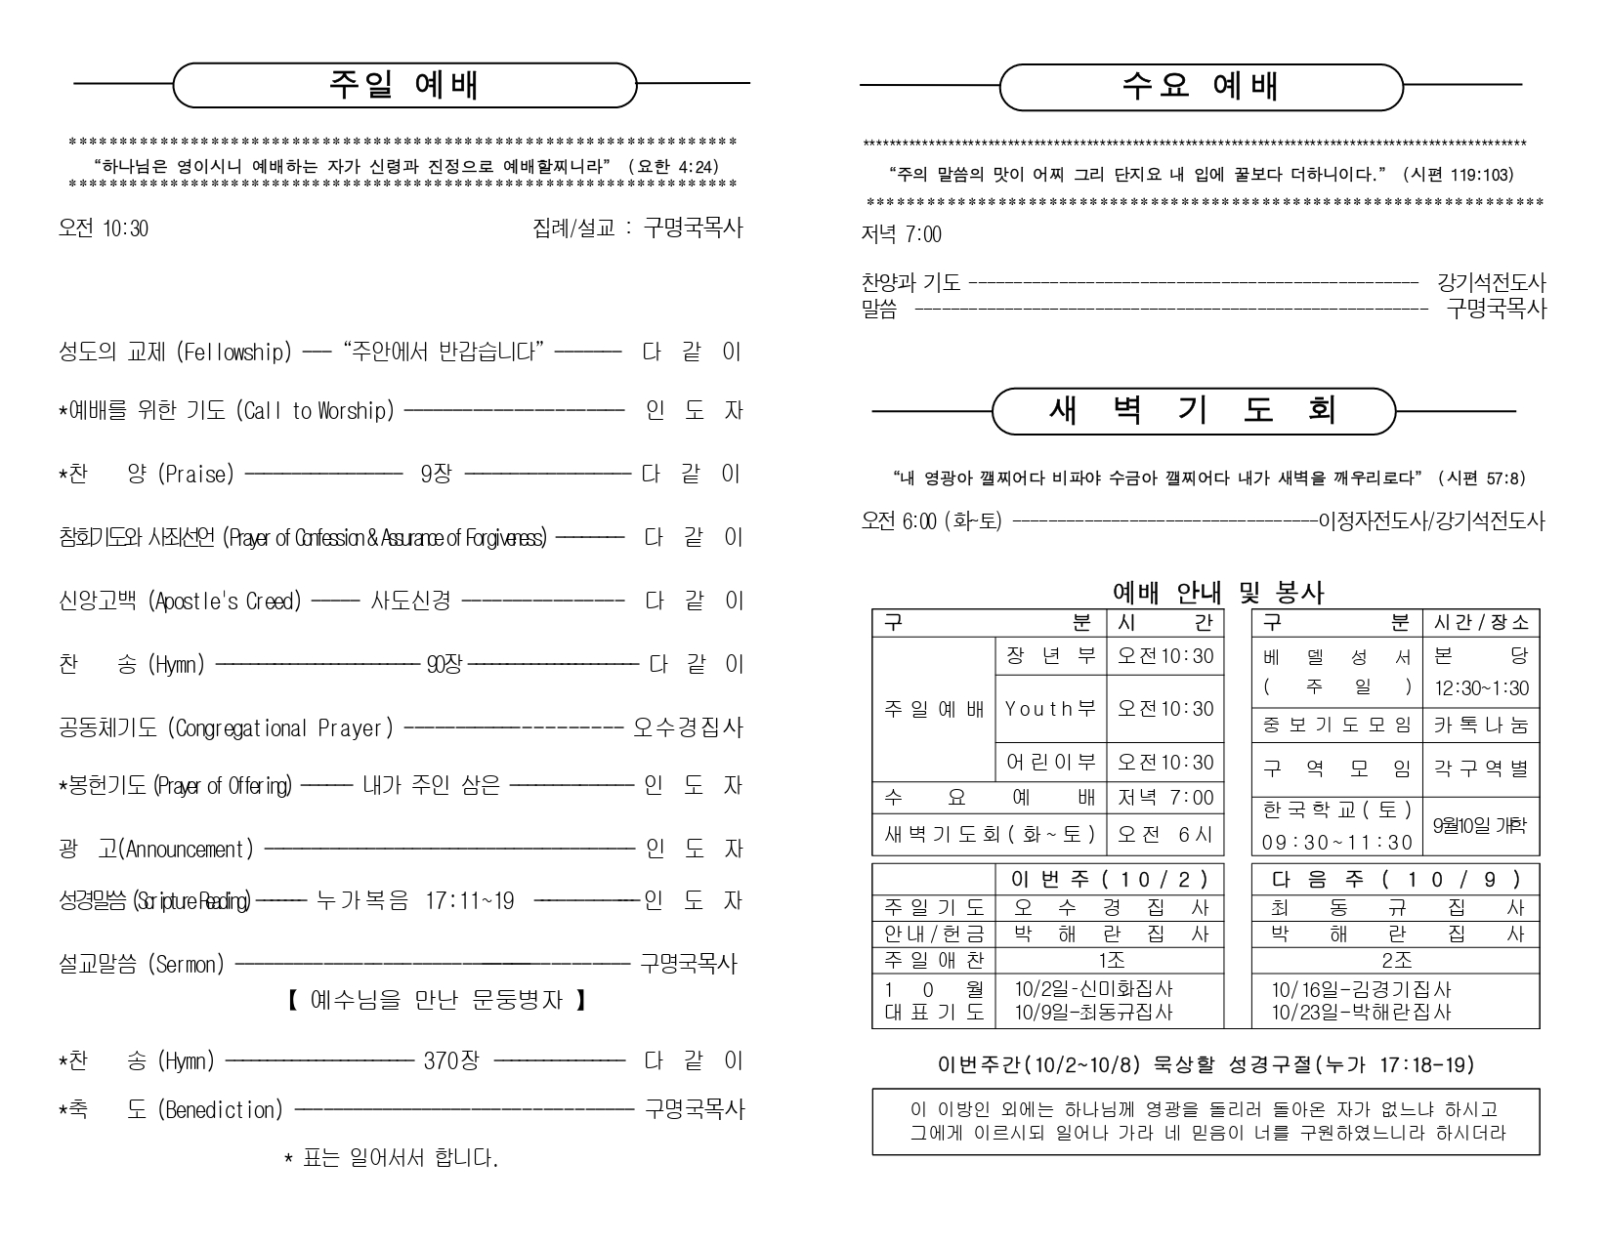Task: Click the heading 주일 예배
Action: [403, 85]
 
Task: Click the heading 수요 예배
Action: [1200, 86]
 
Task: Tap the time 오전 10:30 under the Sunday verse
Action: [104, 228]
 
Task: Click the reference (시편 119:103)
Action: [1458, 175]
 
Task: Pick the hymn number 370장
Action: [451, 1060]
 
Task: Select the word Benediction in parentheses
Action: [220, 1110]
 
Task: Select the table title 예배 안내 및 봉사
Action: [1218, 592]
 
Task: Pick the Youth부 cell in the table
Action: [1050, 709]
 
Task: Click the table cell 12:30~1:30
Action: [1481, 688]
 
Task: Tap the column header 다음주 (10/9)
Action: [1395, 880]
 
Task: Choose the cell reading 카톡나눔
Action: [1480, 725]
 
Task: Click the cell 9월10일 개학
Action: [1479, 824]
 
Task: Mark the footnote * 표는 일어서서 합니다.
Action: [391, 1159]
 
